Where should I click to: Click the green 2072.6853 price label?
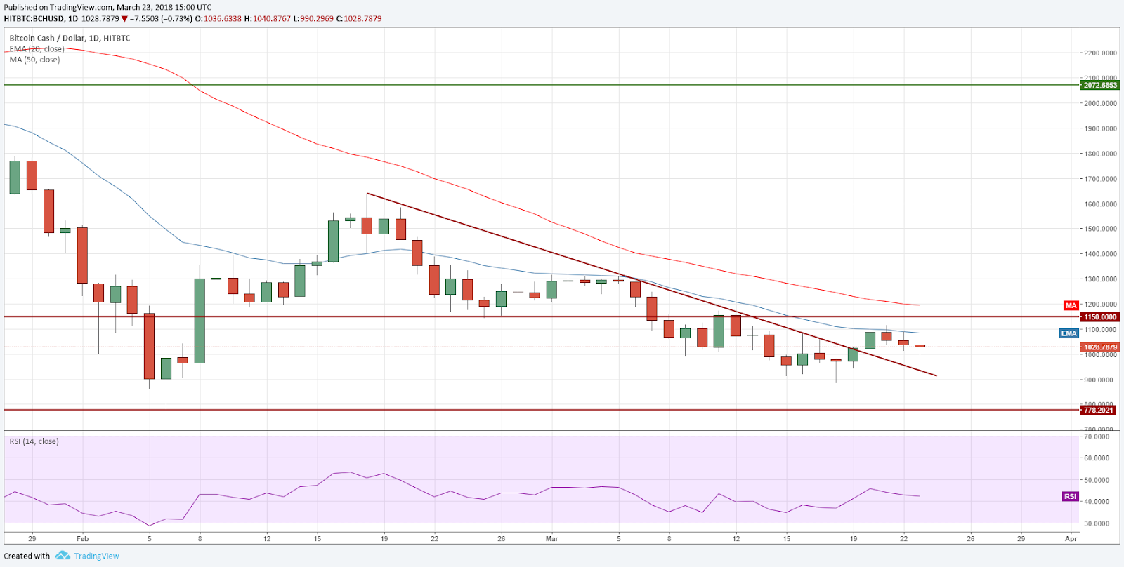click(x=1099, y=85)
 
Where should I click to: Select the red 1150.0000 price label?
click(x=1099, y=317)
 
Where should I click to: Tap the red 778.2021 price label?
click(x=1099, y=410)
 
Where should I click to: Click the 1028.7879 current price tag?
click(x=1099, y=347)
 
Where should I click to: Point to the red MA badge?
click(x=1071, y=305)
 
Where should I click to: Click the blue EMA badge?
click(x=1069, y=333)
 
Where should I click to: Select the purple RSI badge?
click(x=1070, y=496)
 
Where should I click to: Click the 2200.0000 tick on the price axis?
click(x=1100, y=53)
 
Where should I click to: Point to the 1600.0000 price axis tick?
click(x=1100, y=204)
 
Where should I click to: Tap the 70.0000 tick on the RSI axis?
click(x=1097, y=436)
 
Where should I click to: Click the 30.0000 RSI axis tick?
click(x=1097, y=523)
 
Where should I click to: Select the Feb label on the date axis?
click(x=83, y=539)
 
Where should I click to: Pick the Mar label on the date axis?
click(x=552, y=539)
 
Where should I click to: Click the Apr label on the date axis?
click(x=1071, y=539)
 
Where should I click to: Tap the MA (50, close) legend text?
click(x=35, y=60)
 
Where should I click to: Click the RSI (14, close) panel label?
click(x=34, y=441)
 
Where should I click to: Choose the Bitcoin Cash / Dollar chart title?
click(x=70, y=39)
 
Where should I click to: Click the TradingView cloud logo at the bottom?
click(x=63, y=556)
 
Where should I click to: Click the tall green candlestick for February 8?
click(x=200, y=321)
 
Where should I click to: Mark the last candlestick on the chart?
click(x=920, y=345)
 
